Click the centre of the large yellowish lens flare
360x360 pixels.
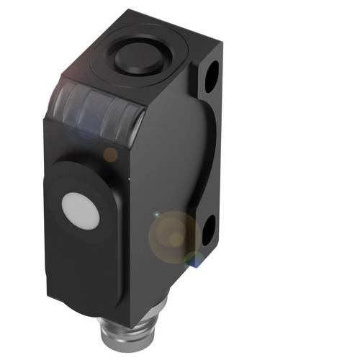tap(173, 234)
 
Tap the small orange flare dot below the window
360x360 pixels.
tap(109, 153)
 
